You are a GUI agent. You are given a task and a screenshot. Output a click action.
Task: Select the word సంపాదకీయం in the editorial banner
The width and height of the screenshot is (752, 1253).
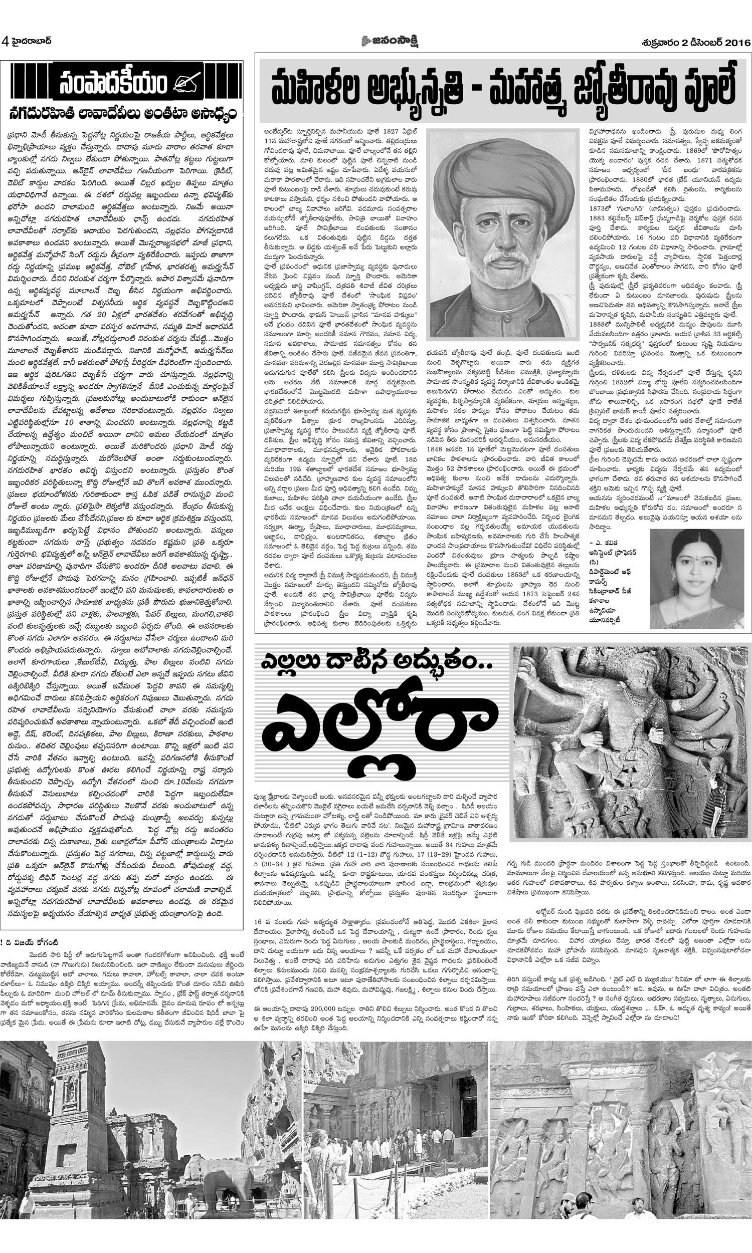click(x=112, y=84)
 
